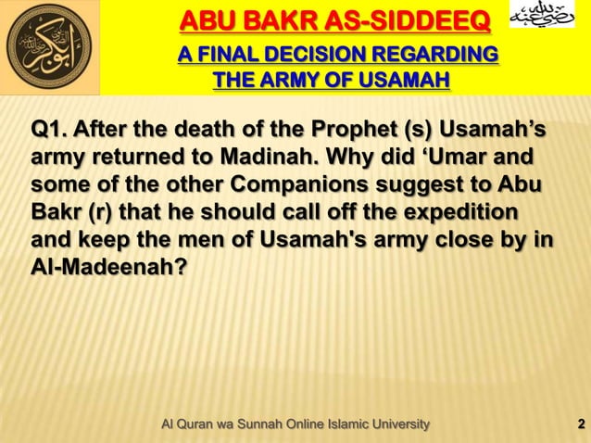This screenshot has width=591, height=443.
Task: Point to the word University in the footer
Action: [x=397, y=424]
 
